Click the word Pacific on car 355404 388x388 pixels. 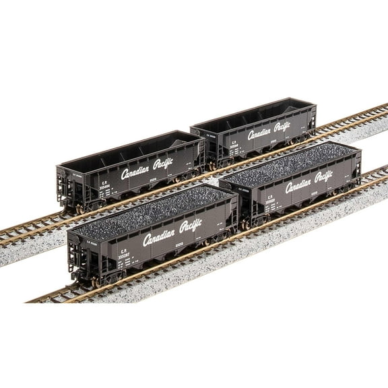click(164, 163)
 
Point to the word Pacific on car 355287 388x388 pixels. click(191, 226)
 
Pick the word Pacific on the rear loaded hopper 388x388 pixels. click(324, 176)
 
